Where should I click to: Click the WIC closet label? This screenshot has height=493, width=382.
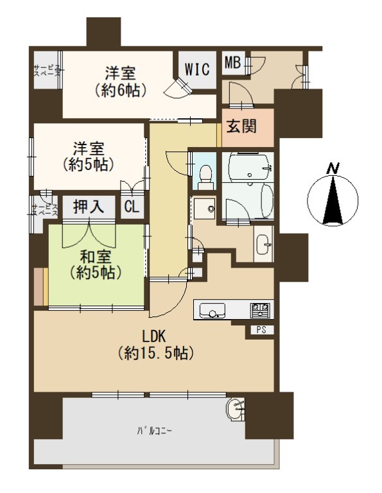[x=197, y=69]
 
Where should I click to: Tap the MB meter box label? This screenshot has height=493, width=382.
[x=232, y=62]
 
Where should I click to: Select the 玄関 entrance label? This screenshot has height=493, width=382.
[x=241, y=126]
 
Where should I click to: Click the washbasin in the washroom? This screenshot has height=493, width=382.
[x=263, y=244]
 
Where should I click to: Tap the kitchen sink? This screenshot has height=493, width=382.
[x=213, y=310]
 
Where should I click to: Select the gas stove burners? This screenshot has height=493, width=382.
[x=260, y=309]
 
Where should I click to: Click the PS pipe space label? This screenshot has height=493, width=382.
[x=261, y=329]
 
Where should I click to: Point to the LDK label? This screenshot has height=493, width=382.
[x=153, y=336]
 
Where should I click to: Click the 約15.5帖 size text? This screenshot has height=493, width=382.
[x=155, y=354]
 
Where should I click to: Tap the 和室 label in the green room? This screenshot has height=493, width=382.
[x=96, y=257]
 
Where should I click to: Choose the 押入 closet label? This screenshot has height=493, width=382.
[x=89, y=207]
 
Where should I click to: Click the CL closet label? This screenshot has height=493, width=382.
[x=132, y=207]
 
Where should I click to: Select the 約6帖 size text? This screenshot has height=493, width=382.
[x=121, y=91]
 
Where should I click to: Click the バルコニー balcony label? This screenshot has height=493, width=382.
[x=154, y=431]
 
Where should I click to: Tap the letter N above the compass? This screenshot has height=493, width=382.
[x=333, y=169]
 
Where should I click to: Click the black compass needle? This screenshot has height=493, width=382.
[x=333, y=200]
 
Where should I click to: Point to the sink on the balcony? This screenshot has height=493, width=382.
[x=236, y=409]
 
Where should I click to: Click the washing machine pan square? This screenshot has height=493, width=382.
[x=204, y=208]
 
